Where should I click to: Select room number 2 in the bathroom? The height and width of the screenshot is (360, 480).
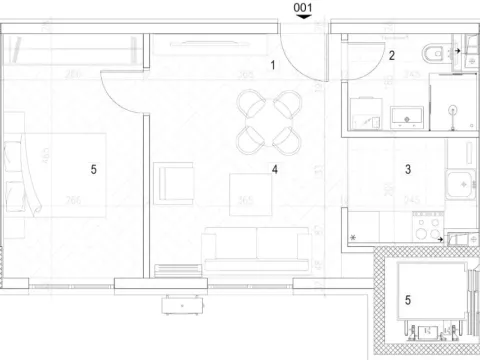[x=393, y=56]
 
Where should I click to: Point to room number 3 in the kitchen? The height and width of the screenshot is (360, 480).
[x=407, y=171]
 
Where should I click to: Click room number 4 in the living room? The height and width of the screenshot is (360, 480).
[x=273, y=170]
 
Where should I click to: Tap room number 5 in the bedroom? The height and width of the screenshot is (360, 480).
[x=92, y=170]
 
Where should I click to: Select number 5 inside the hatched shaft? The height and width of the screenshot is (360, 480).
[x=407, y=298]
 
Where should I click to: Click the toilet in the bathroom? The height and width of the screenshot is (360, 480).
[x=433, y=53]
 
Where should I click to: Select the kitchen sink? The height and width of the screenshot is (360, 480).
[x=461, y=184]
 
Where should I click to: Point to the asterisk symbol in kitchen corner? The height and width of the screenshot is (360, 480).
[x=353, y=237]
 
